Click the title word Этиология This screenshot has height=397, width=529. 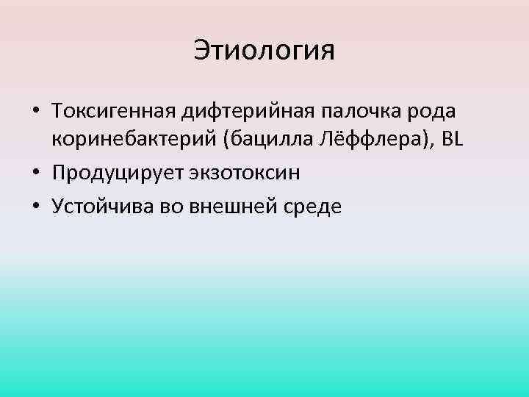point(264,51)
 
